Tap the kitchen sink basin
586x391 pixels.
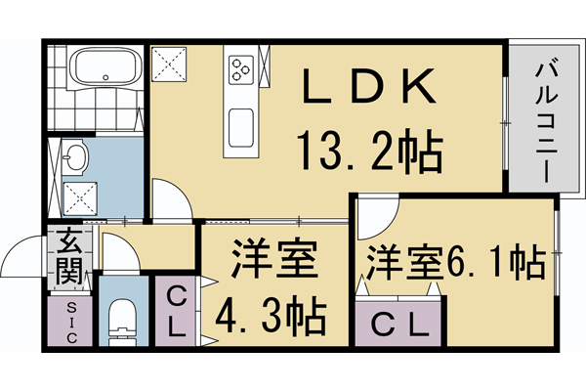[x=240, y=126]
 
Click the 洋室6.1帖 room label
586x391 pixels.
[x=455, y=260]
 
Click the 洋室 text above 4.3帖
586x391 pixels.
[x=273, y=262]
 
